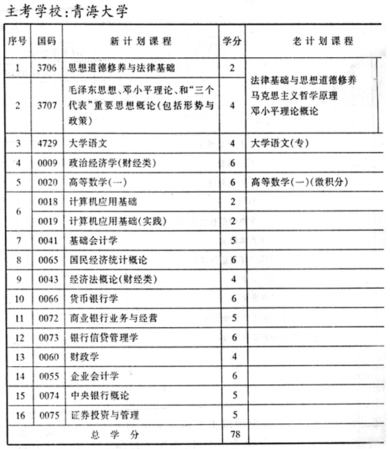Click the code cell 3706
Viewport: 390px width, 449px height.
click(x=46, y=67)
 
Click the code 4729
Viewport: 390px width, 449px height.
click(x=46, y=143)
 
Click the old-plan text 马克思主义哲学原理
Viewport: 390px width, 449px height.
click(x=295, y=95)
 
